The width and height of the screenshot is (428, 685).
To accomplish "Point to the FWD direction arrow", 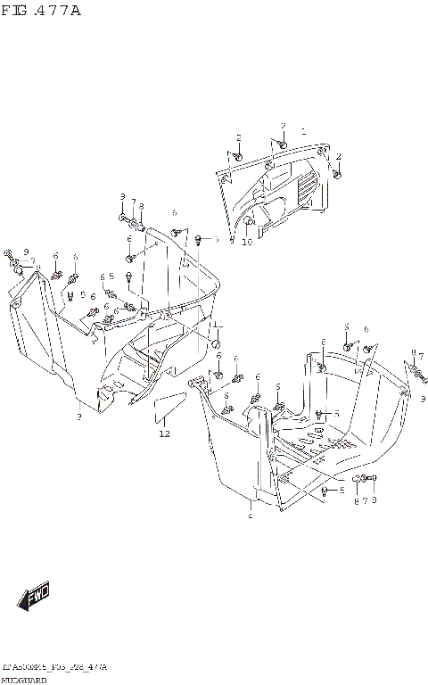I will pos(35,595).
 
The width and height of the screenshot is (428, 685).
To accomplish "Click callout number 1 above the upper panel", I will pos(303,131).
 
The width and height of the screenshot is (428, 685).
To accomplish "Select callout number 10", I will pos(247,241).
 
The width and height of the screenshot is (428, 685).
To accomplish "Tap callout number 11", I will pos(216,325).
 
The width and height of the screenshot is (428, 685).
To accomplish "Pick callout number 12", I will pos(163,434).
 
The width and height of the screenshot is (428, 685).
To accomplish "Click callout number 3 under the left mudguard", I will pos(78,417).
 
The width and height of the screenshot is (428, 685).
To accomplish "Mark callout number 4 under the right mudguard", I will pos(251,516).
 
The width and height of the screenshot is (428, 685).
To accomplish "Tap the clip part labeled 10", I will pos(250,221).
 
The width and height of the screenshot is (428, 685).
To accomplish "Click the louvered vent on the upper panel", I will pos(303,190).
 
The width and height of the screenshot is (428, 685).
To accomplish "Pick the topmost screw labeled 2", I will pos(281,140).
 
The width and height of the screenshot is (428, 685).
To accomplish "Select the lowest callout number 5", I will pos(339,491).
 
